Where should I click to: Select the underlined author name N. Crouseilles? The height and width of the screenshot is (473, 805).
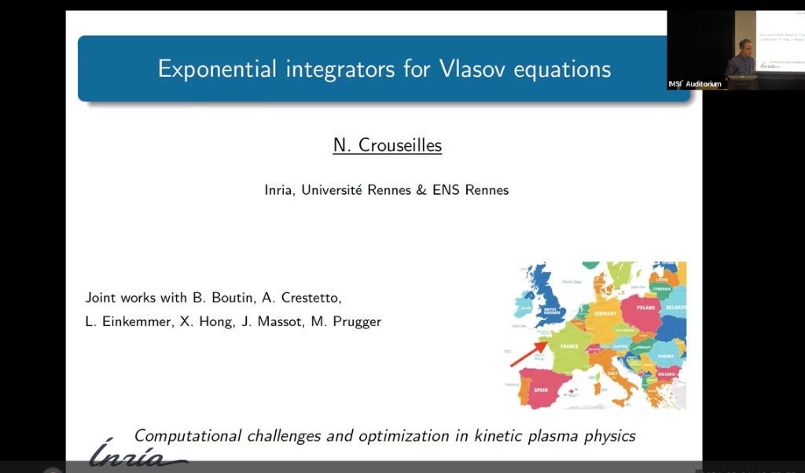point(388,145)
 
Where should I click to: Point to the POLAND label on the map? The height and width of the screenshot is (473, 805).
point(645,308)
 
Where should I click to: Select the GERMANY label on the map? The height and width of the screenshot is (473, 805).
point(605,313)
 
